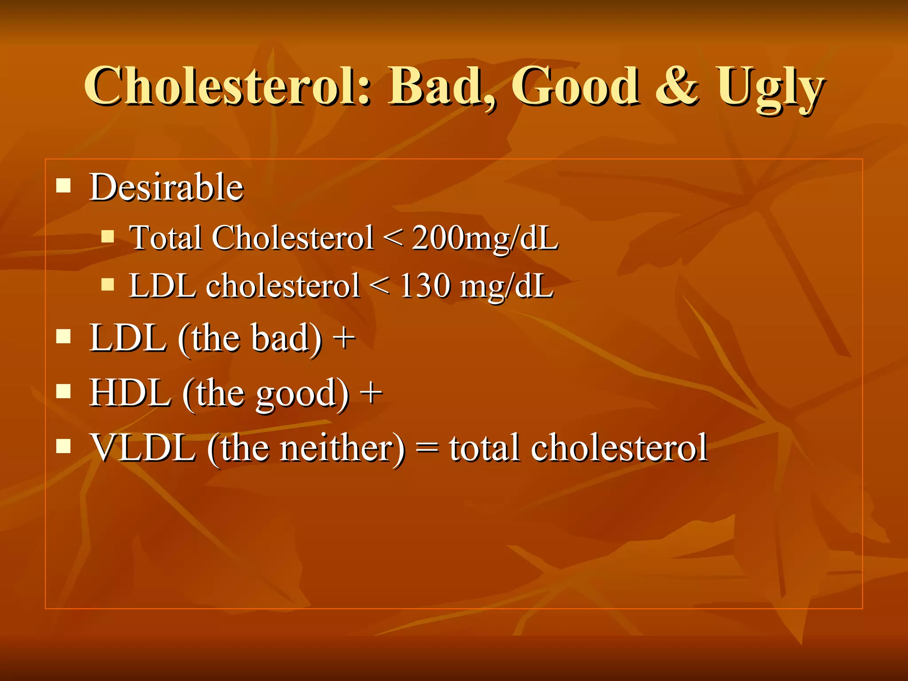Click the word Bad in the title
pos(439,86)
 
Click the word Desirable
pos(166,187)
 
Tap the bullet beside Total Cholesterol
pos(108,236)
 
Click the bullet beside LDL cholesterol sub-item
pos(108,284)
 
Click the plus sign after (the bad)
pos(344,338)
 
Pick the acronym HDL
pos(130,393)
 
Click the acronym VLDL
pos(143,448)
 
